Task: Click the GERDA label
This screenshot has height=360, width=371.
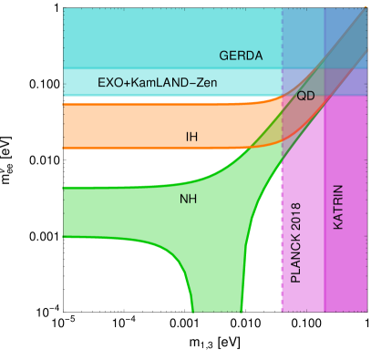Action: coord(241,56)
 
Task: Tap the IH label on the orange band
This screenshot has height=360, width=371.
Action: coord(191,138)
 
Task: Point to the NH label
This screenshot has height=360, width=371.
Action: coord(189,198)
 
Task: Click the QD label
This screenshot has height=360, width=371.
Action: coord(306,96)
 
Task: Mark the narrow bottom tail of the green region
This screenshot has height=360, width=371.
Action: coord(217,296)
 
